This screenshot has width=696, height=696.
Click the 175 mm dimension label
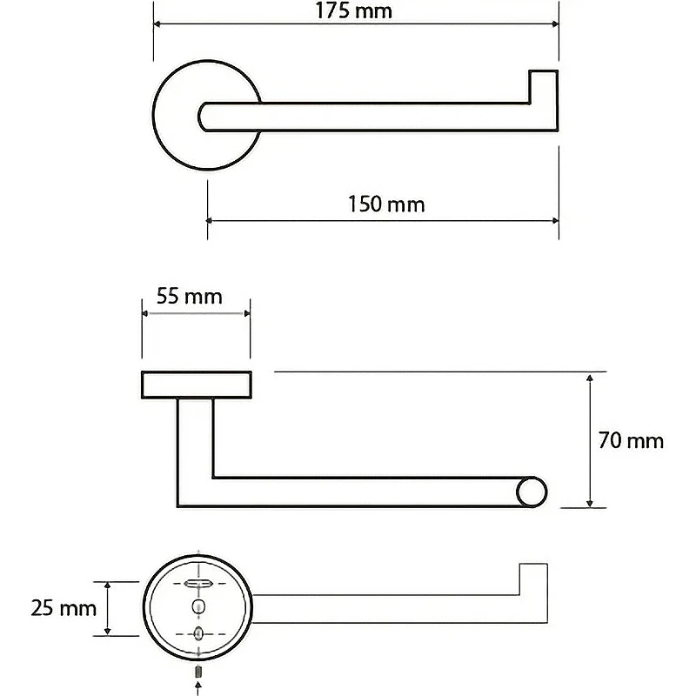pos(354,10)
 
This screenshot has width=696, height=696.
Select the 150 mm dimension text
pos(386,204)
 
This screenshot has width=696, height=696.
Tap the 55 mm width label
pos(190,297)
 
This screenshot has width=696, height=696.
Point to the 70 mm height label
pos(631,440)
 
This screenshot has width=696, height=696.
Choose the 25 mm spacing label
pos(64,608)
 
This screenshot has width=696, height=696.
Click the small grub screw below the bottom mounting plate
pos(198,672)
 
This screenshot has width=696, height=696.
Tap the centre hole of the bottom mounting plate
pos(198,606)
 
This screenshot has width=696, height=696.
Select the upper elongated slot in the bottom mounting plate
pos(198,583)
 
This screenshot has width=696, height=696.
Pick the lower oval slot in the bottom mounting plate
pos(198,633)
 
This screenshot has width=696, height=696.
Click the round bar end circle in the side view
pos(532,492)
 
